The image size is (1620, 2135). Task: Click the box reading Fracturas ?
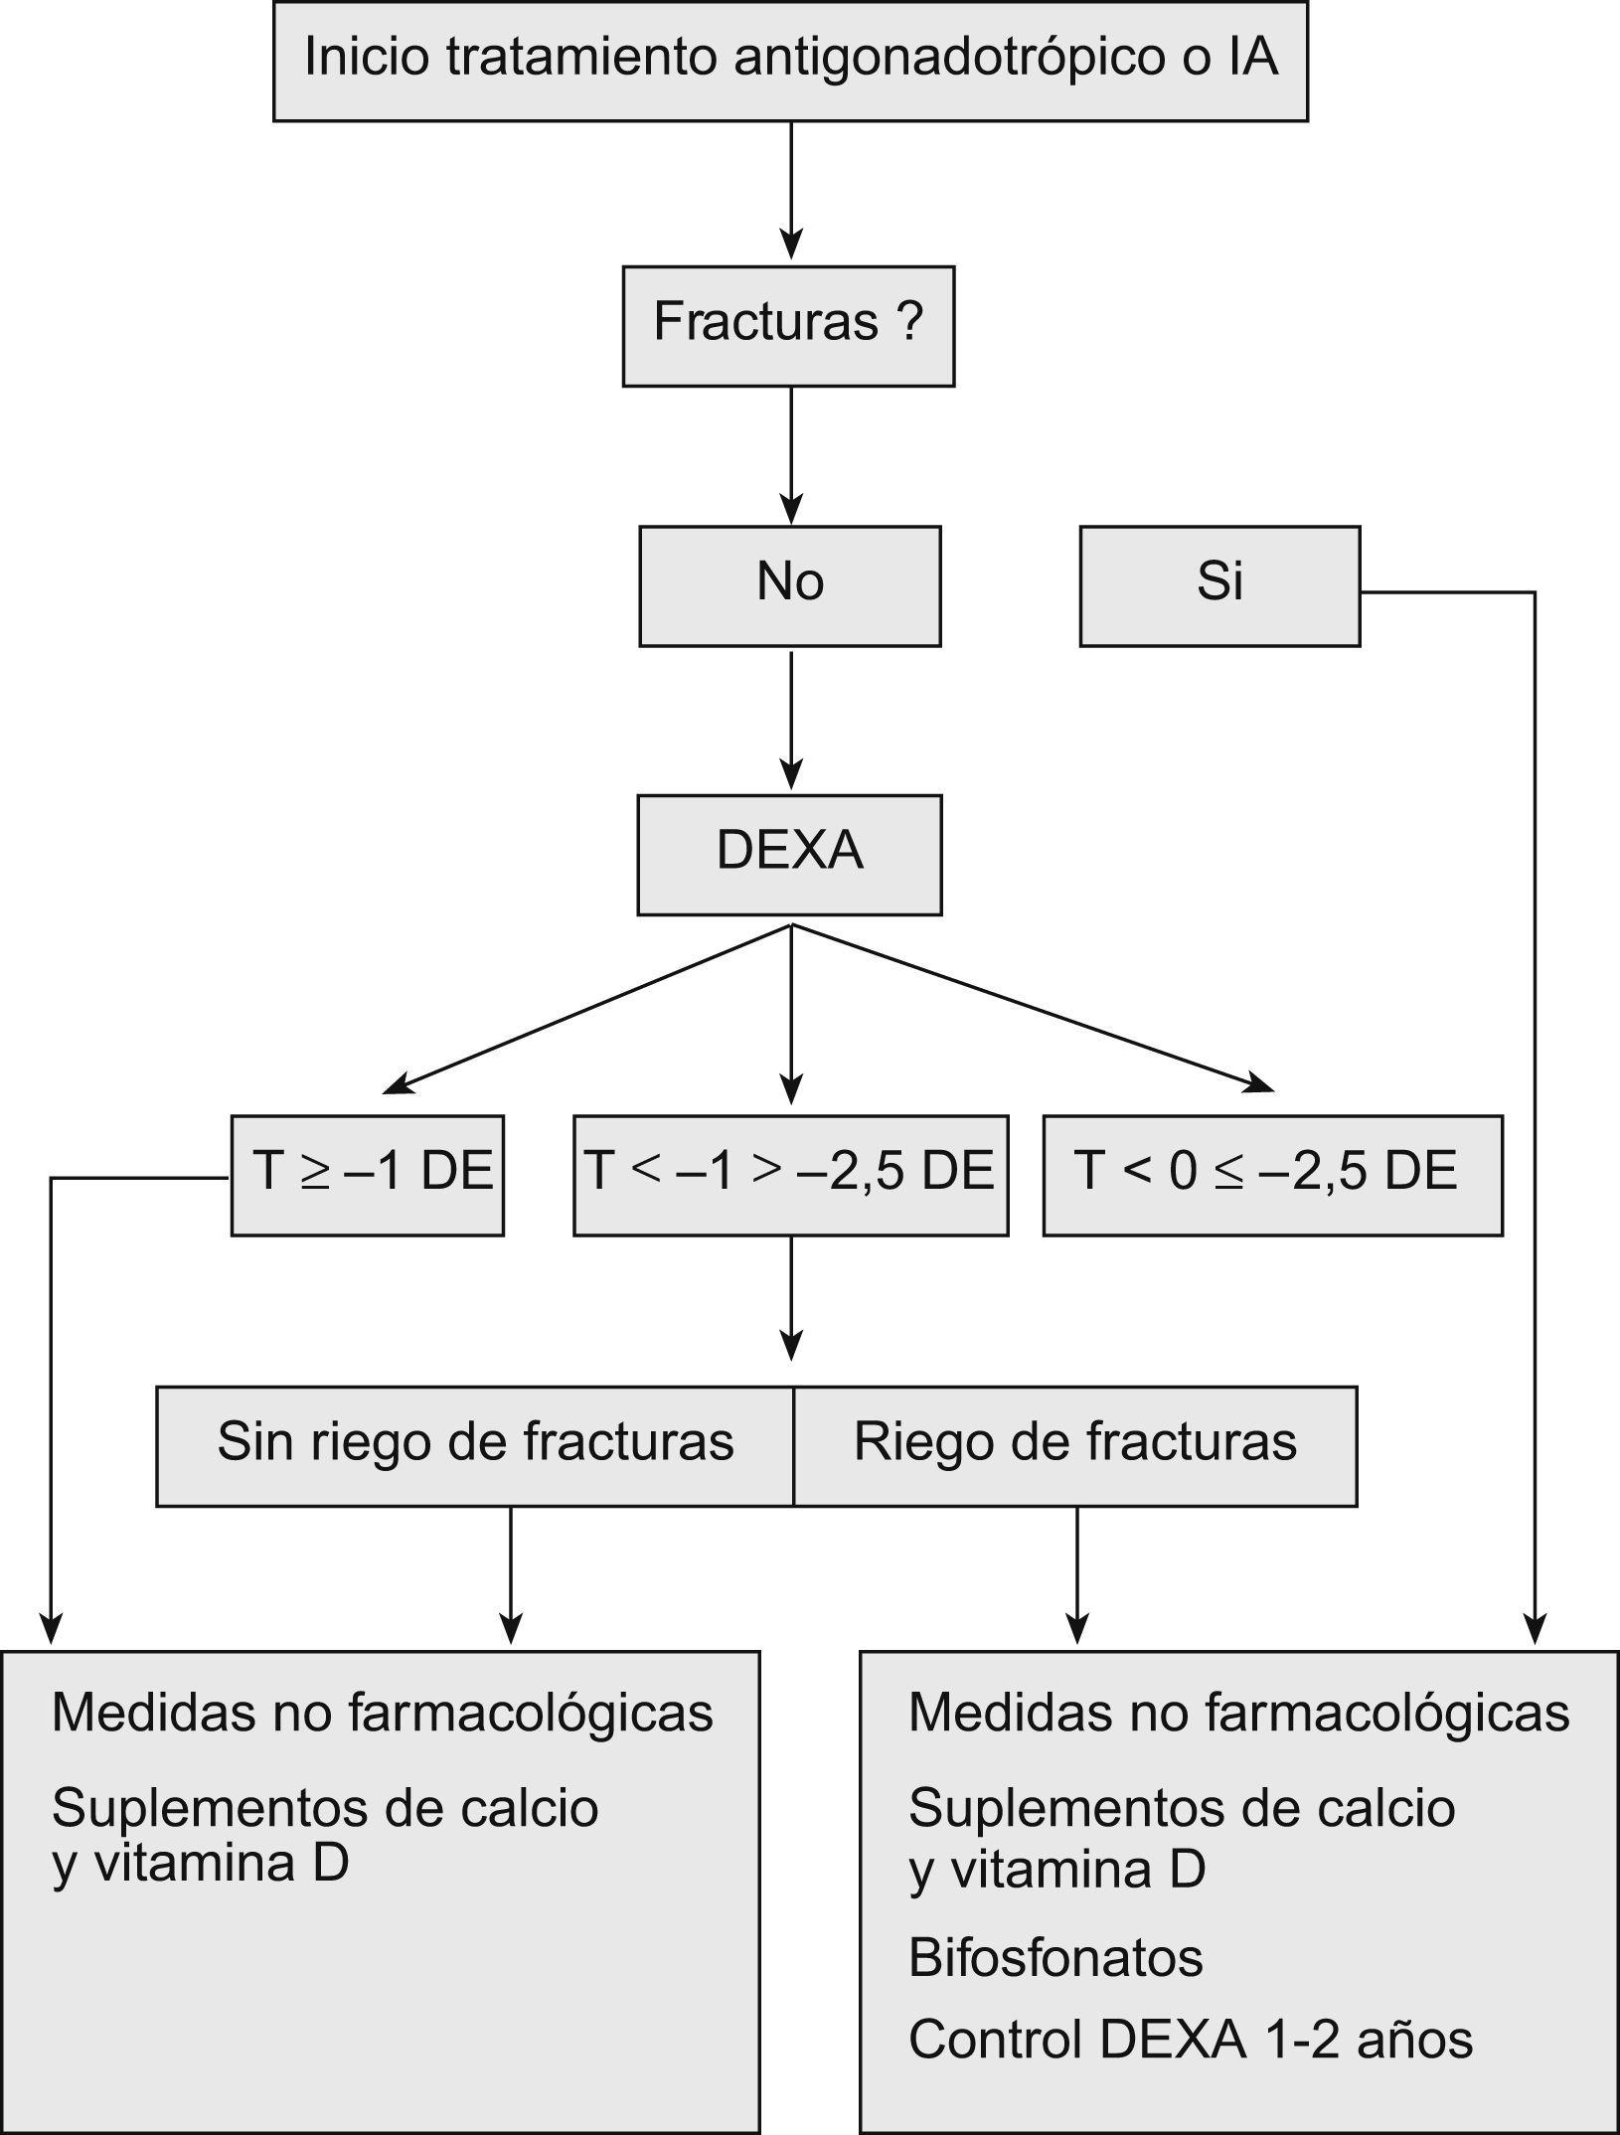[x=788, y=325]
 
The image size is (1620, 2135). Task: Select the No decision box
[x=789, y=585]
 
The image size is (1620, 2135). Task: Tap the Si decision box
[x=1219, y=585]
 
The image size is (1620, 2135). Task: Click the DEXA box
[x=789, y=854]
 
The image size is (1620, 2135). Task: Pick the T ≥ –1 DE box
[x=368, y=1175]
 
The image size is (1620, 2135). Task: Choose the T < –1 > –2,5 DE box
[x=790, y=1175]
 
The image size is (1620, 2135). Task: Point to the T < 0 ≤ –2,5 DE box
[x=1272, y=1175]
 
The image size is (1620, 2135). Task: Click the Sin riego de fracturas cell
[x=475, y=1446]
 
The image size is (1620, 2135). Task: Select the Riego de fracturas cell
[x=1075, y=1446]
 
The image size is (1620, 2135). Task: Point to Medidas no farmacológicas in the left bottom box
[x=382, y=1712]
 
